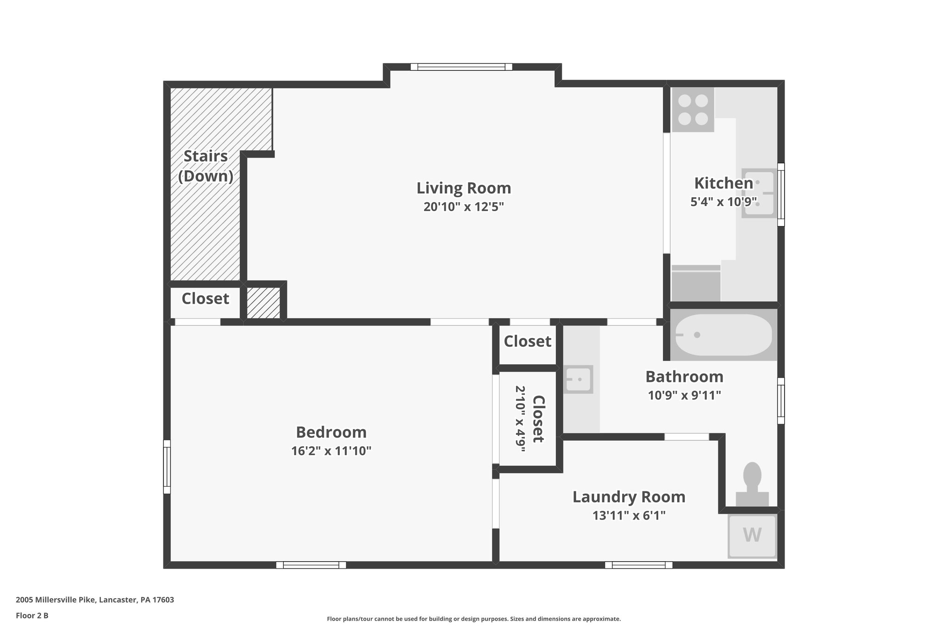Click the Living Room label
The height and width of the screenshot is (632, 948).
tap(463, 188)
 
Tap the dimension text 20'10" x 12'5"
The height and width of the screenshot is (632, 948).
tap(463, 206)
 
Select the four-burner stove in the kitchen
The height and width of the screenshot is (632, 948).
tap(692, 110)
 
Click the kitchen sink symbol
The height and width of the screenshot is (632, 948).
tap(758, 193)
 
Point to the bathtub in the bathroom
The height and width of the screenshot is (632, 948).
tap(723, 335)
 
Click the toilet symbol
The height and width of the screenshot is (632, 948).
tap(752, 484)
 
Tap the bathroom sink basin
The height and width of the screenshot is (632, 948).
tap(578, 380)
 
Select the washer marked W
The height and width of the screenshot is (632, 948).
tap(752, 535)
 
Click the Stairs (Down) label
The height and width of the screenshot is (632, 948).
tap(206, 166)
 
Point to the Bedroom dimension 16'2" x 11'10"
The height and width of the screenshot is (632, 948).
tap(331, 451)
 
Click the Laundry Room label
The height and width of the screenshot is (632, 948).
tap(629, 497)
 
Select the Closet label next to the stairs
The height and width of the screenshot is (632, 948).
tap(205, 299)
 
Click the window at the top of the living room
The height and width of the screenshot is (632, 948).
tap(461, 67)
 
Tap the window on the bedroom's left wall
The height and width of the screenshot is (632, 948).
tap(167, 467)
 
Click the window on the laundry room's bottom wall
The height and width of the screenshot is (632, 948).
tap(638, 565)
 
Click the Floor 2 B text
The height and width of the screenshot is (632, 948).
tap(32, 615)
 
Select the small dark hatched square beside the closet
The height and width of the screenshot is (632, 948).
tap(263, 303)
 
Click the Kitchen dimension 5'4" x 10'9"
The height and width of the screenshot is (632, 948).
tap(723, 202)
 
